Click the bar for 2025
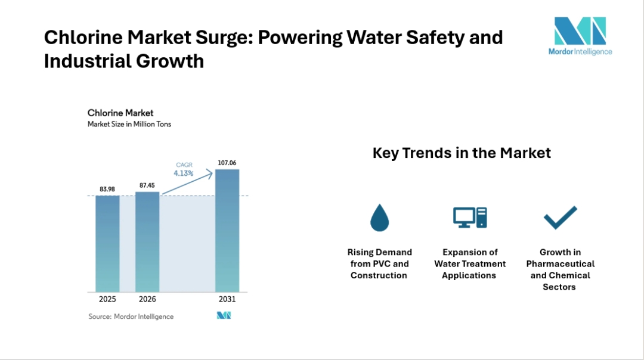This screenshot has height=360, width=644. pyautogui.click(x=107, y=243)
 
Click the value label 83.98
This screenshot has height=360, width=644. pyautogui.click(x=107, y=189)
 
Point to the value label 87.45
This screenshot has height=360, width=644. pyautogui.click(x=147, y=185)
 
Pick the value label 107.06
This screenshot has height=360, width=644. pyautogui.click(x=227, y=163)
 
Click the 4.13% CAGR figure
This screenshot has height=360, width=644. pyautogui.click(x=184, y=173)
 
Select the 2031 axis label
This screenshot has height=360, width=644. pyautogui.click(x=227, y=299)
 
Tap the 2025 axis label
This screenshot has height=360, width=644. pyautogui.click(x=107, y=299)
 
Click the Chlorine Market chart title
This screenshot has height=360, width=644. pyautogui.click(x=120, y=113)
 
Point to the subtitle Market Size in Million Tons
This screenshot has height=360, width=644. pyautogui.click(x=129, y=125)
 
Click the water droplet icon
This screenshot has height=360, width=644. pyautogui.click(x=379, y=218)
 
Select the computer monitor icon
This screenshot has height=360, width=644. pyautogui.click(x=470, y=218)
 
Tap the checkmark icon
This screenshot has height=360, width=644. pyautogui.click(x=560, y=218)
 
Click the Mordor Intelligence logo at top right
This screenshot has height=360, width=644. pyautogui.click(x=580, y=36)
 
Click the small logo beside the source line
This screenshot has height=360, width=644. pyautogui.click(x=224, y=316)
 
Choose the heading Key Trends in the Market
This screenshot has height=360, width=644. pyautogui.click(x=462, y=153)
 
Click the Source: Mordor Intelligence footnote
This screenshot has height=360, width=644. pyautogui.click(x=131, y=316)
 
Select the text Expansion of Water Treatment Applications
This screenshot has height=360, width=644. pyautogui.click(x=470, y=264)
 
